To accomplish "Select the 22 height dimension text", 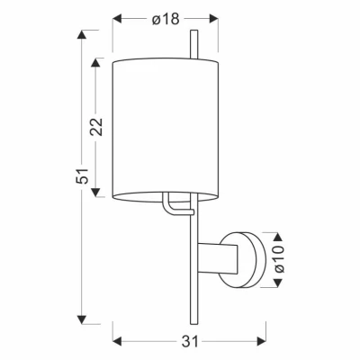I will tap(97, 127).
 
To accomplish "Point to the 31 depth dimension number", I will tap(188, 340).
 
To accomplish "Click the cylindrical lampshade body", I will tap(166, 126).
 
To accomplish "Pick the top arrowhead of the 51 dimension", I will tap(83, 34).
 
